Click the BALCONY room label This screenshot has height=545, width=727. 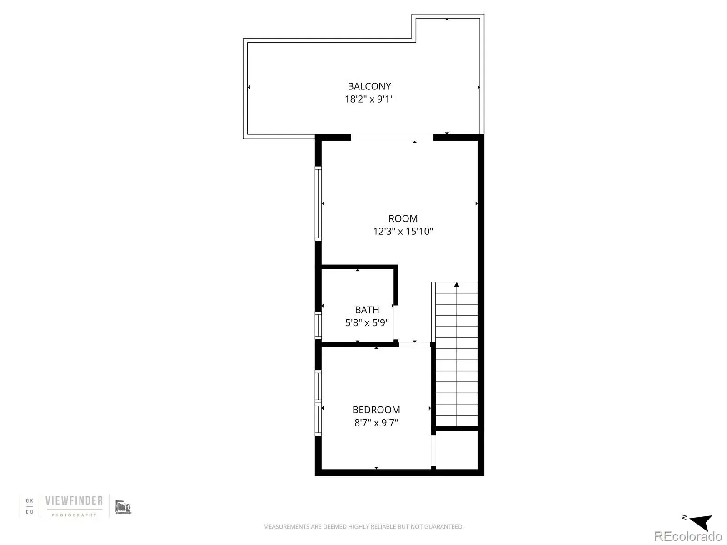pos(369,86)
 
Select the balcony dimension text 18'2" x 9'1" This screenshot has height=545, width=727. pos(369,99)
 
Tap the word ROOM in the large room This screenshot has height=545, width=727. pos(403,218)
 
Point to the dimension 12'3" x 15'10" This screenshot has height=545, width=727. pos(403,231)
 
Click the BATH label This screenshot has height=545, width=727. pos(367,310)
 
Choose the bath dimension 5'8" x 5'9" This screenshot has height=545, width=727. pos(367,322)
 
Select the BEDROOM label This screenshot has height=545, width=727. pos(376,410)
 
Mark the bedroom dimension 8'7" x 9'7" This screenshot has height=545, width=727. pos(376,422)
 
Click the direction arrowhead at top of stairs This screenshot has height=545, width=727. pos(456,285)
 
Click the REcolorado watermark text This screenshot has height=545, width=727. pos(688,536)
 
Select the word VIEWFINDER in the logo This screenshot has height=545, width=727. pos(74,500)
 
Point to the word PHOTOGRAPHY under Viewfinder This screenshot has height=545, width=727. pos(74,515)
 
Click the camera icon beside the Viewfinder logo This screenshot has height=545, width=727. pos(123,507)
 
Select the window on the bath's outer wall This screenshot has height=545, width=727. pos(318,325)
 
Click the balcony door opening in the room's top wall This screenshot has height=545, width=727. pos(392,138)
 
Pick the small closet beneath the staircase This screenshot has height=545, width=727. pos(456,450)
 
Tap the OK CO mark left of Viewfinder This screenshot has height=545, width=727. pos(30,506)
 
